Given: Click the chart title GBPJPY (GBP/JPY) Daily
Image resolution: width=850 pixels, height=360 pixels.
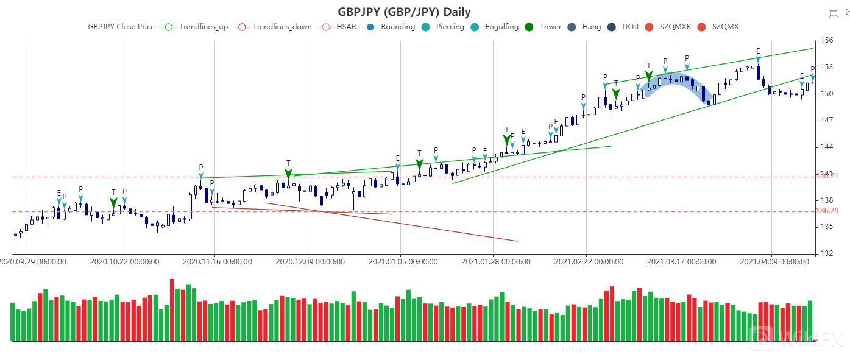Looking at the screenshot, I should coord(404,12).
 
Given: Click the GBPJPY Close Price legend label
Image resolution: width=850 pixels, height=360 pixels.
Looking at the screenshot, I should coord(121,27).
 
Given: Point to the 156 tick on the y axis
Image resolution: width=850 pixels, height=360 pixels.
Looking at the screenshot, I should coord(826,40).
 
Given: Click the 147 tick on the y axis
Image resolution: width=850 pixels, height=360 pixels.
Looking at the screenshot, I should coord(826,120).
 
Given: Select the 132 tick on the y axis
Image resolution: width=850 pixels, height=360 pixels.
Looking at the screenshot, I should coord(826,253).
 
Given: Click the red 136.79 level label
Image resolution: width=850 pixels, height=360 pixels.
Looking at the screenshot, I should coord(827,211).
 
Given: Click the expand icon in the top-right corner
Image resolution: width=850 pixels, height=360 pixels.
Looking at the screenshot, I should coord(834,12).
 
